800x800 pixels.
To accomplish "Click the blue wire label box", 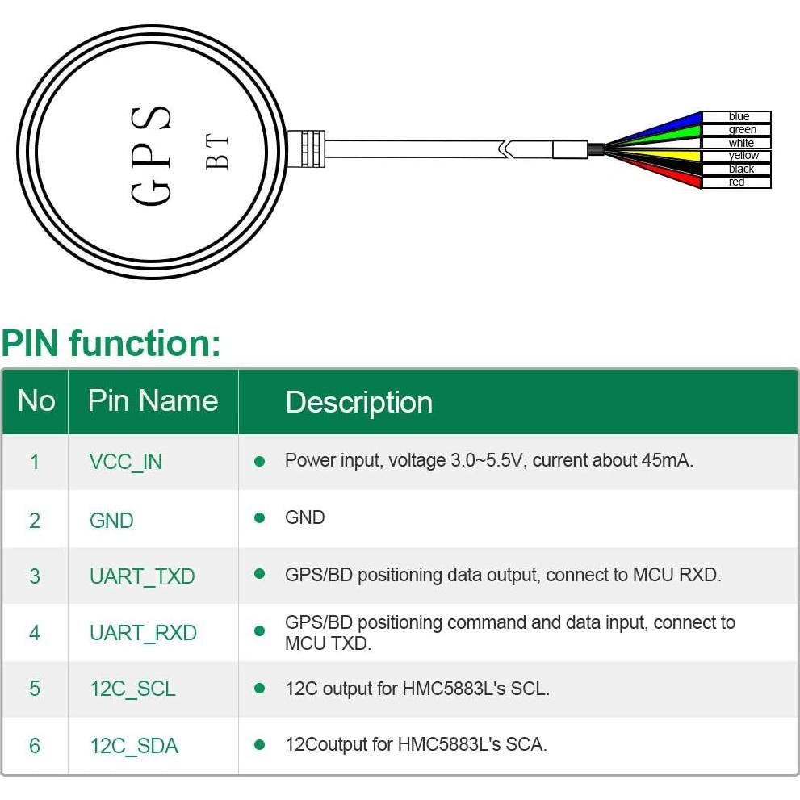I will (736, 117).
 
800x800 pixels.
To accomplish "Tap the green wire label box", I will (736, 130).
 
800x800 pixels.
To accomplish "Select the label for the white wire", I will (736, 143).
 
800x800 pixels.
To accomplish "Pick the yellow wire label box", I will (736, 156).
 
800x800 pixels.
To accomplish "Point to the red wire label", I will (736, 182).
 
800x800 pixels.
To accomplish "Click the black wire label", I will (736, 169).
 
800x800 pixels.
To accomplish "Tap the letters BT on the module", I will (217, 152).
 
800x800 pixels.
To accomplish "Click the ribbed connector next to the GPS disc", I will (306, 149).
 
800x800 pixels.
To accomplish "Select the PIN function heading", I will (111, 343).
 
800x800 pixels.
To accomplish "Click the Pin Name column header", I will (153, 401).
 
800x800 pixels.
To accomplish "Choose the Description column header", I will (358, 402).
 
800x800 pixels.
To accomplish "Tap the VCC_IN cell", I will (125, 462).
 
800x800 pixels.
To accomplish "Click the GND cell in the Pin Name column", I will (111, 520).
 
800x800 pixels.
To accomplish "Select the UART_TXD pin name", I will (142, 576).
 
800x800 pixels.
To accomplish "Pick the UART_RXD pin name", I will (143, 633).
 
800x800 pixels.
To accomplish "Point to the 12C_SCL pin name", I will (132, 689).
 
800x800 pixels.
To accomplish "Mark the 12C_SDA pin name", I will (134, 746).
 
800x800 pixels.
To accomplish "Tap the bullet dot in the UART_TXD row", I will (260, 574).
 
